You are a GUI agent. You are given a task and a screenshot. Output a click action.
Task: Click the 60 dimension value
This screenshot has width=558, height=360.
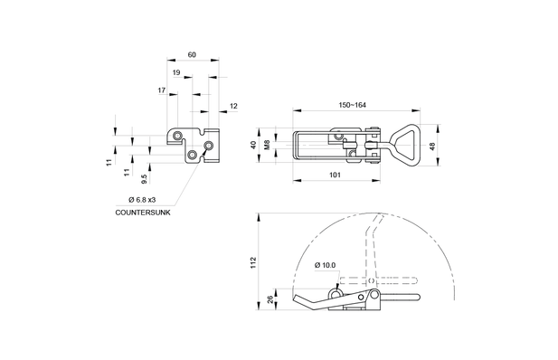point(192,55)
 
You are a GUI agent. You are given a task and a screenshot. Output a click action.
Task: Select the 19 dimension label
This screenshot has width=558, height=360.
point(176,72)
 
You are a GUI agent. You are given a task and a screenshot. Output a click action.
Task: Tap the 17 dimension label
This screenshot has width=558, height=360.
point(162,90)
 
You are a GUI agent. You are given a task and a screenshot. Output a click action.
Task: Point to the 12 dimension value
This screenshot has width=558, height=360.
point(233,106)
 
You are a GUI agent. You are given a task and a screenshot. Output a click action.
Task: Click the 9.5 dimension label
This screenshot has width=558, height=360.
point(144,179)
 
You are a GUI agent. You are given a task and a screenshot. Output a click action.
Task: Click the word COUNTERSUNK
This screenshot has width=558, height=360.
point(143,213)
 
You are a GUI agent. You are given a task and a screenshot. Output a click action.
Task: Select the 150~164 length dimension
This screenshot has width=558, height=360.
point(353,105)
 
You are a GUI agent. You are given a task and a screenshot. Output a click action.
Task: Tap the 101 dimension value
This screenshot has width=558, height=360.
point(335,175)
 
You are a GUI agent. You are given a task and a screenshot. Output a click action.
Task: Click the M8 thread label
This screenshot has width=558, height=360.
point(268,145)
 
